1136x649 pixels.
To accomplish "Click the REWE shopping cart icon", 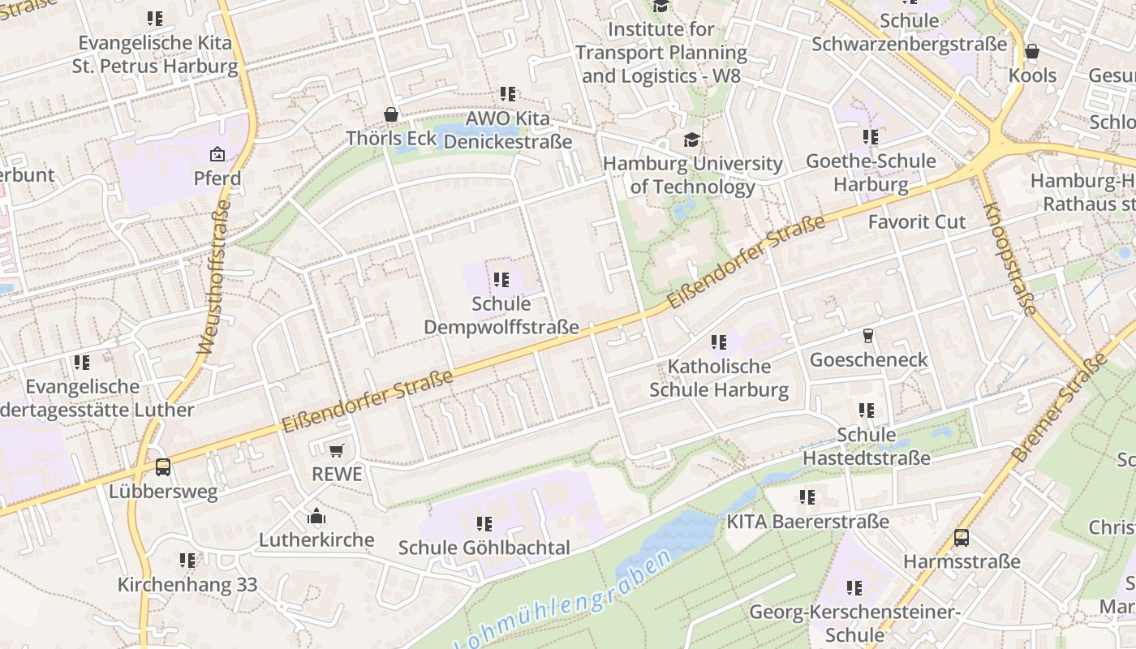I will [x=337, y=450].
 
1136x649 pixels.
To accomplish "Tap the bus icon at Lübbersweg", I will [x=163, y=467].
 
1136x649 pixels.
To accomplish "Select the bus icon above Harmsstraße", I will [x=962, y=537].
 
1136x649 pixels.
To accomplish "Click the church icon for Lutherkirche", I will [x=316, y=516].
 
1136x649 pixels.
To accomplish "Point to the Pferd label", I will [x=217, y=178].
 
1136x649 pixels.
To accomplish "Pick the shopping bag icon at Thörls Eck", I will [x=391, y=114].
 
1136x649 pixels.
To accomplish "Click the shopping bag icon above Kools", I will [x=1032, y=52].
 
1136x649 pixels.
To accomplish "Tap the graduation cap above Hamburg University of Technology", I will [x=691, y=140].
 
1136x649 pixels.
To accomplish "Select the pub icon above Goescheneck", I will [x=868, y=336].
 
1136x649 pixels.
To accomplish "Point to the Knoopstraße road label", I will [x=1009, y=258].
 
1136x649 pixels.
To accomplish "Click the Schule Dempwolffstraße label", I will [x=501, y=316].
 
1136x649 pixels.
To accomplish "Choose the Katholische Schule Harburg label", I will [x=719, y=378].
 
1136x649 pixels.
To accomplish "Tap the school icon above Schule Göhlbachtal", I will [x=484, y=524].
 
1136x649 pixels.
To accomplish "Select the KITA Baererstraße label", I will [x=807, y=522].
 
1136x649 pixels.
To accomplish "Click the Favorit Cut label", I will [x=917, y=222].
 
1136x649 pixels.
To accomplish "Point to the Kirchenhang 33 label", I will [x=187, y=584].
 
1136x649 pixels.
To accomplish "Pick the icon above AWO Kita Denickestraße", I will [x=508, y=94].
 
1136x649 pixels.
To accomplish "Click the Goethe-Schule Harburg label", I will [x=871, y=173].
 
